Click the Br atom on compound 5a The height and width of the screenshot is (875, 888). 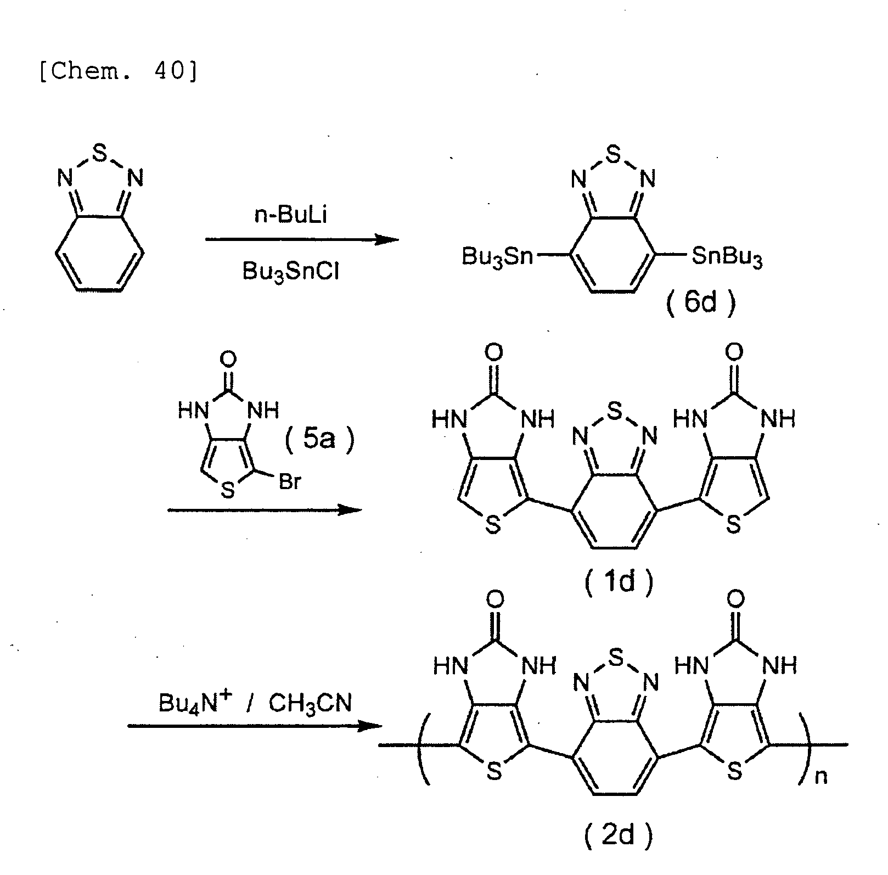[x=290, y=483]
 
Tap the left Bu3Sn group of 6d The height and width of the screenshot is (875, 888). [x=497, y=256]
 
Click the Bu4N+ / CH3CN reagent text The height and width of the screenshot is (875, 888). [x=255, y=703]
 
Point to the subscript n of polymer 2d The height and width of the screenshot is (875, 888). [x=820, y=777]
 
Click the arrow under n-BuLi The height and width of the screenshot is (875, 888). [x=302, y=239]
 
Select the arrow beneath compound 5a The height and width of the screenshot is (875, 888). [x=265, y=510]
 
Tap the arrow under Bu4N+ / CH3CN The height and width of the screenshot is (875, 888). [x=255, y=726]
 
